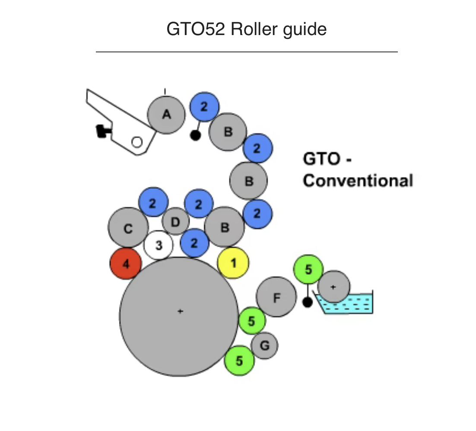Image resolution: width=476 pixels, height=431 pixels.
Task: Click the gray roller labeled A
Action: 166,115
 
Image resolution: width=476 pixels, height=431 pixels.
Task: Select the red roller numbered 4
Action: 126,264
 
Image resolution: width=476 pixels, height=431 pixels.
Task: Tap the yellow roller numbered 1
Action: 233,263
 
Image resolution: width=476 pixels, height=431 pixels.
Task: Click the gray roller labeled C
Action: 128,228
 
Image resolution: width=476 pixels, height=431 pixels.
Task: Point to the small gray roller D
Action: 175,222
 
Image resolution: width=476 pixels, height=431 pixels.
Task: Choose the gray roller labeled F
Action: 276,297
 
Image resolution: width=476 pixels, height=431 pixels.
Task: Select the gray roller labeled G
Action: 264,345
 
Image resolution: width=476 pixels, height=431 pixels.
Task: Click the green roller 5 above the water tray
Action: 308,270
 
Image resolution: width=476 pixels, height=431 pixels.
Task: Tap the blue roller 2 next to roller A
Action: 204,107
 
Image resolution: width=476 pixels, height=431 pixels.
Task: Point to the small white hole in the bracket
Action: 137,142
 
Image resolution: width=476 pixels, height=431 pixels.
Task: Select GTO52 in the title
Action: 196,29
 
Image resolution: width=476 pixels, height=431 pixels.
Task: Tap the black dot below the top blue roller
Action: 195,135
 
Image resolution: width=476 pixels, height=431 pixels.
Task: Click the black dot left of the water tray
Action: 307,302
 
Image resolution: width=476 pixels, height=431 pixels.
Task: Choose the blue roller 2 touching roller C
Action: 153,203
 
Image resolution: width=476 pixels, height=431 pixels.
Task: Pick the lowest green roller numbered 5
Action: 239,360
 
